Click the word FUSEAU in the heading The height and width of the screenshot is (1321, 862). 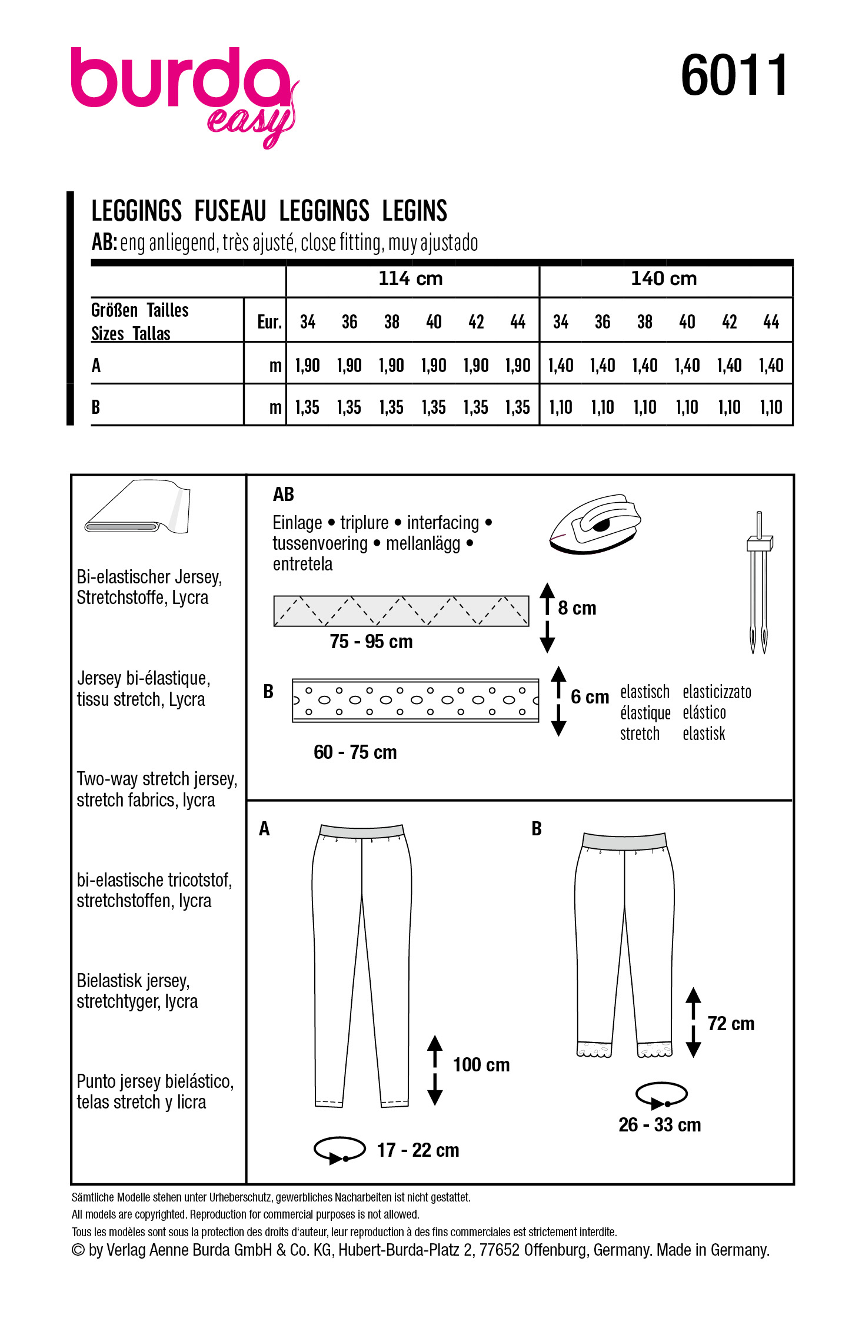pyautogui.click(x=230, y=211)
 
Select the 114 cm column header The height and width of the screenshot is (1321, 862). pyautogui.click(x=411, y=278)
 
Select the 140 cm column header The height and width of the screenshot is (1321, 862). pyautogui.click(x=664, y=278)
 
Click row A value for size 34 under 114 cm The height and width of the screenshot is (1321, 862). pyautogui.click(x=307, y=366)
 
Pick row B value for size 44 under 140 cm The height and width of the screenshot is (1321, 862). pyautogui.click(x=771, y=407)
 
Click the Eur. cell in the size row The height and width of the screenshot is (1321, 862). pyautogui.click(x=269, y=322)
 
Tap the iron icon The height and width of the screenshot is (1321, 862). pyautogui.click(x=594, y=523)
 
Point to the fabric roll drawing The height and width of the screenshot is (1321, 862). pyautogui.click(x=139, y=507)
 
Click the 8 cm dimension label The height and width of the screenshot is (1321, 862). pyautogui.click(x=577, y=608)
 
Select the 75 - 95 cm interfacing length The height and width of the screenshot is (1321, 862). pyautogui.click(x=371, y=642)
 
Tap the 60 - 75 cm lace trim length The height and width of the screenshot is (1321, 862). pyautogui.click(x=355, y=752)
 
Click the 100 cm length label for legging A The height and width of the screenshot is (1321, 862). pyautogui.click(x=481, y=1065)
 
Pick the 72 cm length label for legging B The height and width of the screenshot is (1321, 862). pyautogui.click(x=730, y=1024)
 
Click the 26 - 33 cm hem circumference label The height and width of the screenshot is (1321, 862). pyautogui.click(x=660, y=1125)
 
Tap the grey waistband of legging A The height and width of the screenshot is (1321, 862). pyautogui.click(x=361, y=831)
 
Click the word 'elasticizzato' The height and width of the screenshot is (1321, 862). pyautogui.click(x=717, y=692)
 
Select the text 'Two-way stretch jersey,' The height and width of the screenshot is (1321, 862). pyautogui.click(x=157, y=779)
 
